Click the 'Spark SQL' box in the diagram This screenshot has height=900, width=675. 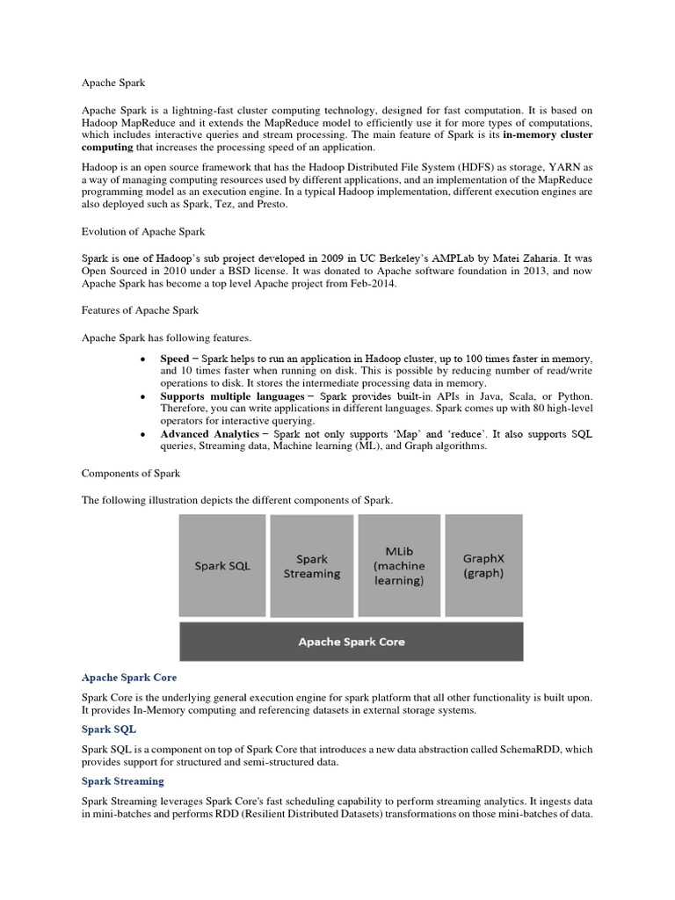coord(222,565)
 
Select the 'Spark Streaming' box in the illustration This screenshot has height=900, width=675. coord(311,565)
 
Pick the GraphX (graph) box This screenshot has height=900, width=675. coord(483,565)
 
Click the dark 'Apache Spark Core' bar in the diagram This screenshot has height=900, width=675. coord(351,642)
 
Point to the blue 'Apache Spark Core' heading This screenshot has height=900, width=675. coord(129,678)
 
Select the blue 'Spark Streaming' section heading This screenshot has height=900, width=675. coord(122,780)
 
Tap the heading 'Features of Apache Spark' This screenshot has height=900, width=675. coord(140,310)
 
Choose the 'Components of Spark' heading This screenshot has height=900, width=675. coord(131,474)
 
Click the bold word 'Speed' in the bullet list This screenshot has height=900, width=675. coord(174,359)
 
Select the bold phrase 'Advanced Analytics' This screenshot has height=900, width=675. coord(209,434)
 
